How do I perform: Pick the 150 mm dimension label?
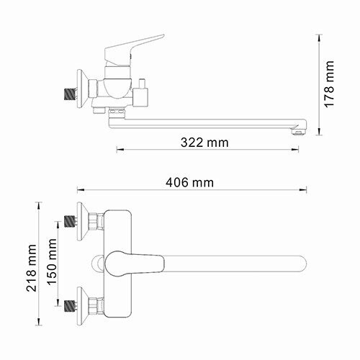[53, 261]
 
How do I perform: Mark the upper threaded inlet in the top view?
[70, 220]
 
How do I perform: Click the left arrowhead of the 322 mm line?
[119, 150]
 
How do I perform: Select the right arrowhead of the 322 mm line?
[298, 150]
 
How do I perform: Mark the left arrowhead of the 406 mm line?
[79, 190]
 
